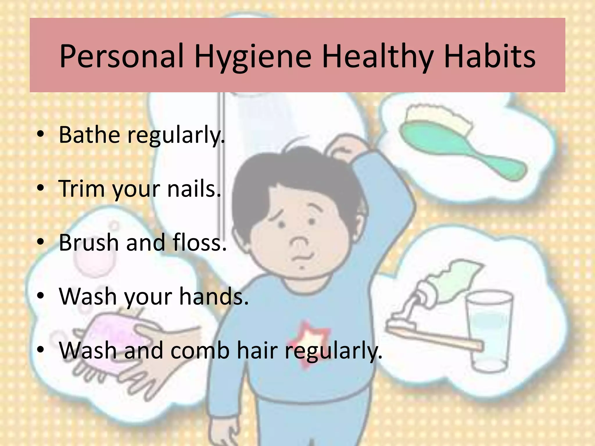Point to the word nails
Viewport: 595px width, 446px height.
pyautogui.click(x=194, y=189)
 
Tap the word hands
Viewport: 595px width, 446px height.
pyautogui.click(x=214, y=296)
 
